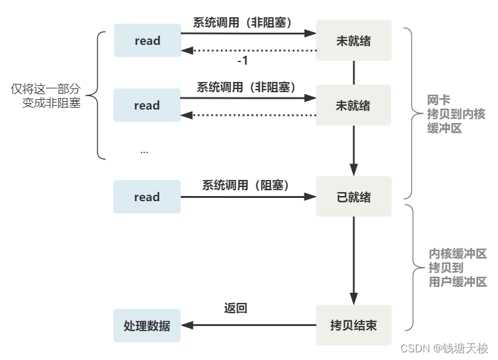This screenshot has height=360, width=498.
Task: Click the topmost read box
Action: pyautogui.click(x=147, y=41)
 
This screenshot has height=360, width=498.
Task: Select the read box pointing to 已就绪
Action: pyautogui.click(x=147, y=197)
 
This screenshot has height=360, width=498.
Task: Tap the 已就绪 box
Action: pyautogui.click(x=353, y=197)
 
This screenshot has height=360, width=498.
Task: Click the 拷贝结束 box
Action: pyautogui.click(x=353, y=325)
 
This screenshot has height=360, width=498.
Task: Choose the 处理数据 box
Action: pyautogui.click(x=147, y=325)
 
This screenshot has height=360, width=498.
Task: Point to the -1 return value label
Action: pyautogui.click(x=242, y=61)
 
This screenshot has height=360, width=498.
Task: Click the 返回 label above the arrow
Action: pyautogui.click(x=235, y=308)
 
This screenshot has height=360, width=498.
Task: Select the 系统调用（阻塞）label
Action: pyautogui.click(x=246, y=185)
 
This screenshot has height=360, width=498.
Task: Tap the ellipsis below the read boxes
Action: pyautogui.click(x=144, y=151)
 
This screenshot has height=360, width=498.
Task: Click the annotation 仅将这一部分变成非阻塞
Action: pyautogui.click(x=46, y=96)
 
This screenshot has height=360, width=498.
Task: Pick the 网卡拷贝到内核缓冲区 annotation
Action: pyautogui.click(x=456, y=114)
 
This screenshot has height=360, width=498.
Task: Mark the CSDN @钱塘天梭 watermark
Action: pyautogui.click(x=444, y=348)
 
